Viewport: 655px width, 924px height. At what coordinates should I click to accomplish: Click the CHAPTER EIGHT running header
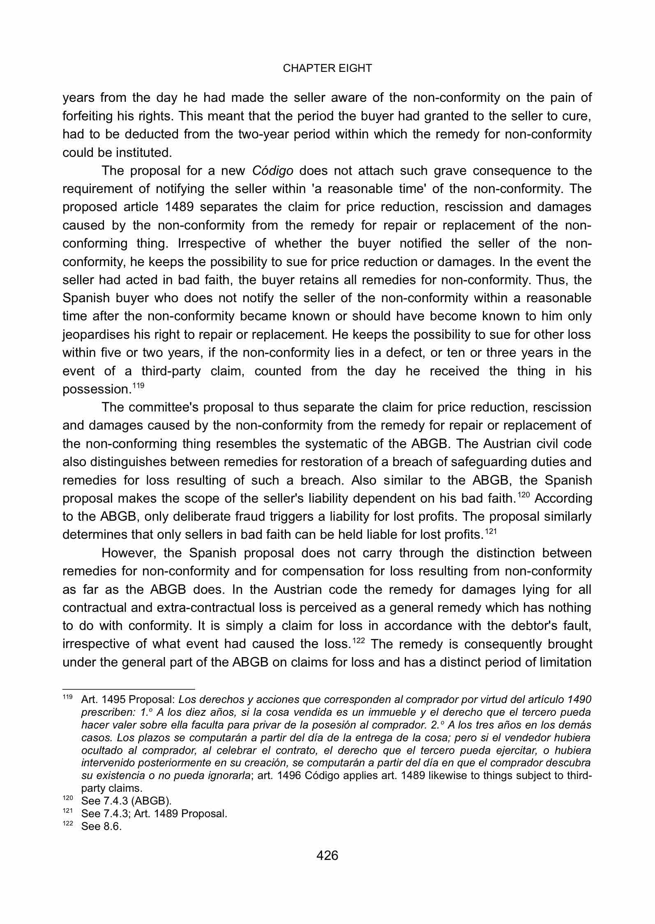click(x=327, y=69)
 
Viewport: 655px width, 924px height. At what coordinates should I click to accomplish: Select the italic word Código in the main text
click(x=272, y=171)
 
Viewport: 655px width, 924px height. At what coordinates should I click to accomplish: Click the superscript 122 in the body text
click(x=360, y=641)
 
